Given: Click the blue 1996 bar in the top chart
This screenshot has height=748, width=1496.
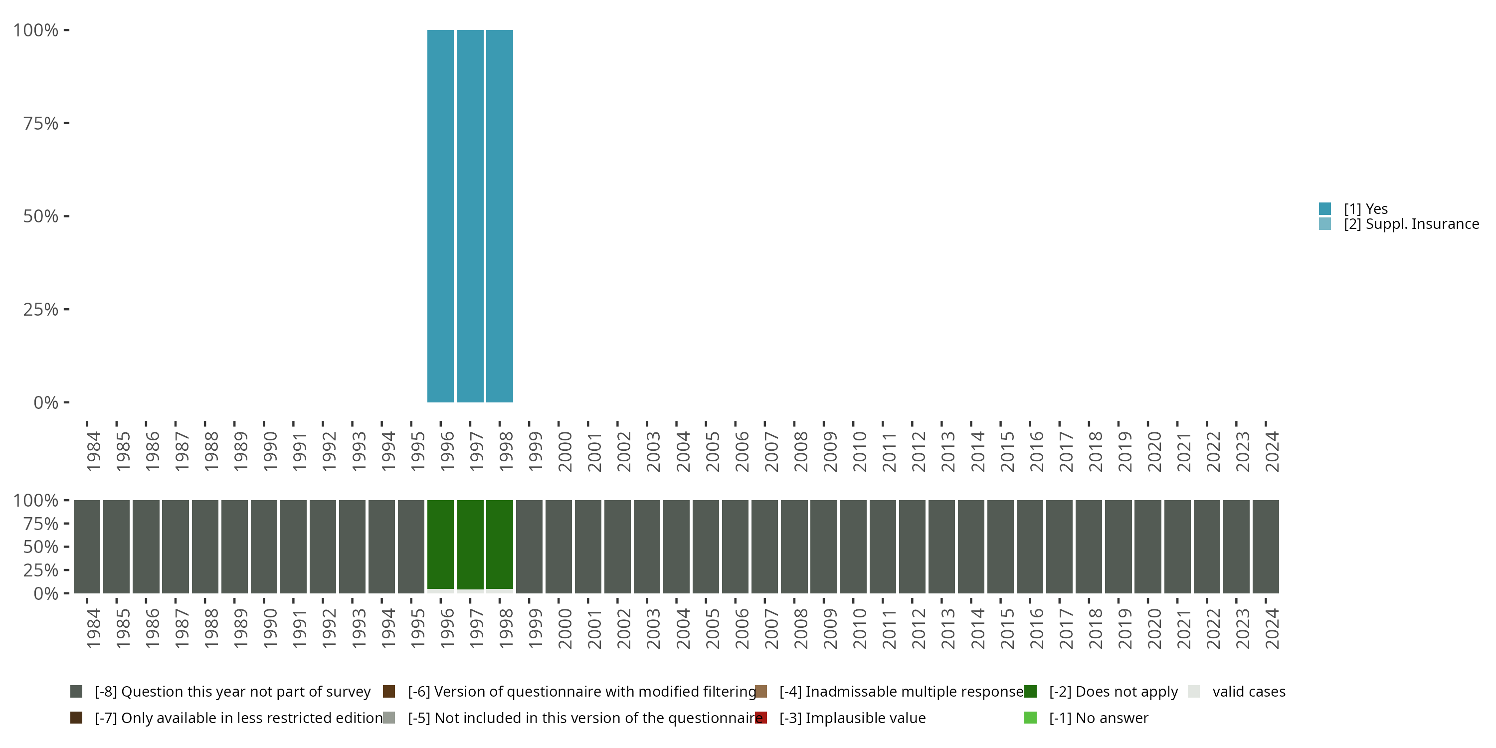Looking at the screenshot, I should click(440, 216).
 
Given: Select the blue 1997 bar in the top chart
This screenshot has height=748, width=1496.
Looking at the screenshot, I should click(470, 216).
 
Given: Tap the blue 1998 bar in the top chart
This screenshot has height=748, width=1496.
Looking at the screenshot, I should click(500, 216).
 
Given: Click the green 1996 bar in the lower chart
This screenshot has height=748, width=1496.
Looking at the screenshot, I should click(440, 544).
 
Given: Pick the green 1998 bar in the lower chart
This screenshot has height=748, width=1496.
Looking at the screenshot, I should click(500, 544).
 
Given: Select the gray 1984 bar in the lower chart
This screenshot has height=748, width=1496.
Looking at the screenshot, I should click(87, 547).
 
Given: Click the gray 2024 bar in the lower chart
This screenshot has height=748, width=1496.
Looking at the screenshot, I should click(1266, 547).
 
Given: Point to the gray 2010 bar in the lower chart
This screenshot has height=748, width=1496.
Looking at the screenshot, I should click(853, 547).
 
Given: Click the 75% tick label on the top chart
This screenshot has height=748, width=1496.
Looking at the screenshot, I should click(41, 123).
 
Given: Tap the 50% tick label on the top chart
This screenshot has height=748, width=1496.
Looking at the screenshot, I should click(41, 216).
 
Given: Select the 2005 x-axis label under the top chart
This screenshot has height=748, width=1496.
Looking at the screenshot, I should click(712, 451).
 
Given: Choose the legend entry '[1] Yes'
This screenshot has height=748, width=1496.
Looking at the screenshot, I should click(1365, 208).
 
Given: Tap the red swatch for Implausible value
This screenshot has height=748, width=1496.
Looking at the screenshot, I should click(761, 718).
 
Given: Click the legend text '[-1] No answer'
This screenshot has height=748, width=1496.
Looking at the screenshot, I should click(1098, 718).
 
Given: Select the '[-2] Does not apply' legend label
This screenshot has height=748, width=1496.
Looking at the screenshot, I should click(1114, 692).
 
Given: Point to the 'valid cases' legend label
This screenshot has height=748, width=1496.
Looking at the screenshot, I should click(1249, 692).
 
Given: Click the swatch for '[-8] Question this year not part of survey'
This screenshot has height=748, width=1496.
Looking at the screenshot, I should click(76, 692).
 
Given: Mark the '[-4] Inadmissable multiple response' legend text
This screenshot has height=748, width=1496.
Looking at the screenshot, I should click(901, 692).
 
